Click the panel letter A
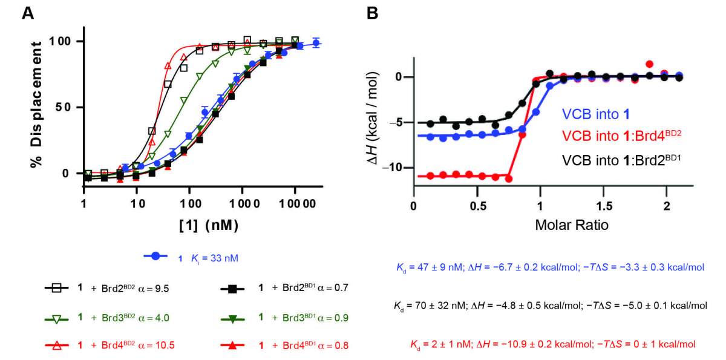coord(28,13)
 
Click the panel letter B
coord(373,13)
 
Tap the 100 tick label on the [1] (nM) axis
coord(191,204)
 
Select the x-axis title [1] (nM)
coord(209,225)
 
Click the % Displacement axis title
coord(36,104)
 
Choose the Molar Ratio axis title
coord(572,225)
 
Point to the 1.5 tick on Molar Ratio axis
coord(604,206)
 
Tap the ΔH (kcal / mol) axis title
coord(373,118)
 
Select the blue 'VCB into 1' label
coord(596,114)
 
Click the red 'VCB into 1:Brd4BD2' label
coord(621,136)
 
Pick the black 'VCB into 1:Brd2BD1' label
coord(621,160)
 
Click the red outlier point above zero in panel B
coord(649,64)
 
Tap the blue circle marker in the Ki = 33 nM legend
coord(156,256)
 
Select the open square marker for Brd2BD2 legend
coord(57,288)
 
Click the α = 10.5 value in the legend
coord(157,345)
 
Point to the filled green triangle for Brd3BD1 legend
coord(232,319)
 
